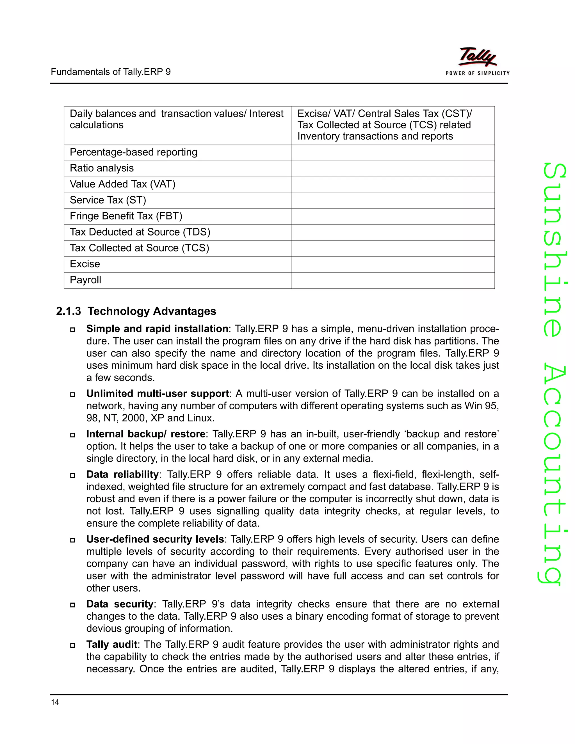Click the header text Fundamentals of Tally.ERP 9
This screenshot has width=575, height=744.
coord(111,72)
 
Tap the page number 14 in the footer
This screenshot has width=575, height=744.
coord(55,702)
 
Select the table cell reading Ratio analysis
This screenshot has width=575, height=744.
coord(102,168)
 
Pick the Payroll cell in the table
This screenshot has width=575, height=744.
coord(86,280)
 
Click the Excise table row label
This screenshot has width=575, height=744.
coord(85,264)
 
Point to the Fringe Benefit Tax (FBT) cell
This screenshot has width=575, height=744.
coord(126,216)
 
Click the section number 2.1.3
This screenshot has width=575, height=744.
coord(69,311)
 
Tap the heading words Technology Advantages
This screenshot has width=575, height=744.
coord(152,311)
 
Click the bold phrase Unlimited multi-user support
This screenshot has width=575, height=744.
coord(158,394)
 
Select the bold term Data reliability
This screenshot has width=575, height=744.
coord(122,474)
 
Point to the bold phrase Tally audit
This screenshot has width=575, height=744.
coord(111,645)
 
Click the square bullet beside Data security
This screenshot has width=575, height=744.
coord(72,605)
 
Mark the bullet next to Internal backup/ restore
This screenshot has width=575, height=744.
coord(72,435)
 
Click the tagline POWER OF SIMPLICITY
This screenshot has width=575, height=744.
coord(478,73)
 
